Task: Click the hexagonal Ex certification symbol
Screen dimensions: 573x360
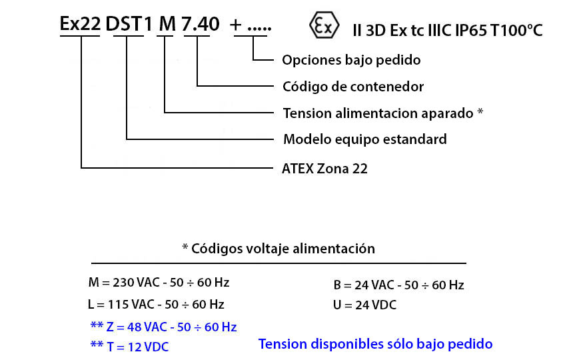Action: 324,25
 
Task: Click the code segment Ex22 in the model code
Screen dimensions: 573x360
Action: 80,24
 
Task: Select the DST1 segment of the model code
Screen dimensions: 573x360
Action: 129,24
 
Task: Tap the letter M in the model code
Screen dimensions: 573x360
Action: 167,24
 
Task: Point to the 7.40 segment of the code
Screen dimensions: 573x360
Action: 201,24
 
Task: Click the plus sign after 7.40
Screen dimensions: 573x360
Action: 236,25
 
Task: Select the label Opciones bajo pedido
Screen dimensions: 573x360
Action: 351,60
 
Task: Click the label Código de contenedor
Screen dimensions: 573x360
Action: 353,87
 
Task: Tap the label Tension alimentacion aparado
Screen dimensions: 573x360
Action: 378,113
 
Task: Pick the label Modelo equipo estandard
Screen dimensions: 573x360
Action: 365,139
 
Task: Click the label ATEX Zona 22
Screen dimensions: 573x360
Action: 324,169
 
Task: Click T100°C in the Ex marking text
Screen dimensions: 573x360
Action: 516,31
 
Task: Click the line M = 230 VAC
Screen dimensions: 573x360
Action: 159,283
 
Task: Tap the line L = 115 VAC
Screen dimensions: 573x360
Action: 156,305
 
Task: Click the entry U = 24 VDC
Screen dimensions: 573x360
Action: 364,305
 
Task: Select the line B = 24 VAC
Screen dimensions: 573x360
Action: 398,285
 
